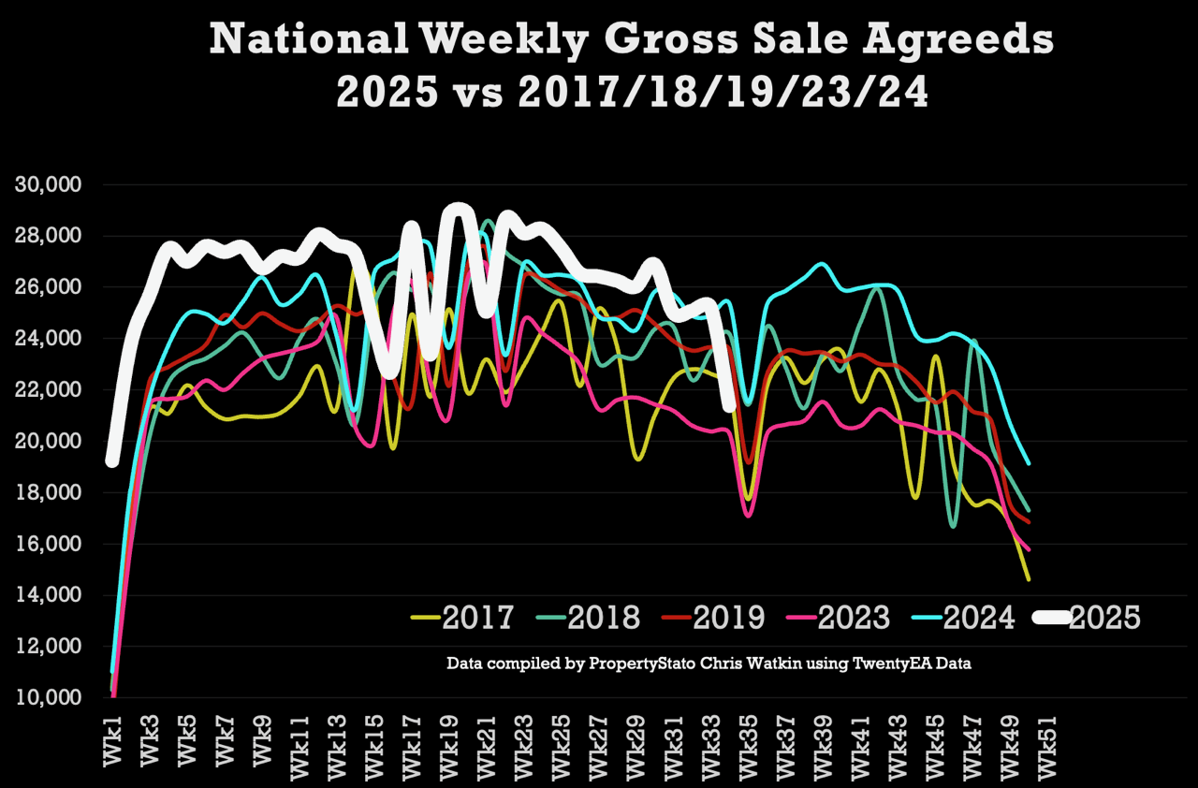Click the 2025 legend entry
click(x=1104, y=618)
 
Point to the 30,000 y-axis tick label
click(x=49, y=184)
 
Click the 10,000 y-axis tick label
click(x=49, y=698)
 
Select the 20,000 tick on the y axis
click(x=49, y=441)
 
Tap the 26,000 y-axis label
click(x=49, y=287)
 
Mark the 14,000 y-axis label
click(x=49, y=595)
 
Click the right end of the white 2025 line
click(x=730, y=405)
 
